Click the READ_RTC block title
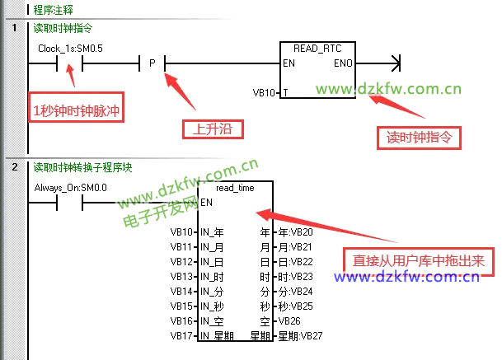coord(317,49)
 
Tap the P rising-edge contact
coord(152,63)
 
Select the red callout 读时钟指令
coord(419,136)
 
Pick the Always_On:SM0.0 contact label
coord(72,188)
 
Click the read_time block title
coord(235,188)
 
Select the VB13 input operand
coord(181,276)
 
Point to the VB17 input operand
coord(181,335)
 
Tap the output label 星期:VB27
coord(299,335)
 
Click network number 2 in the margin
coord(15,167)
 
